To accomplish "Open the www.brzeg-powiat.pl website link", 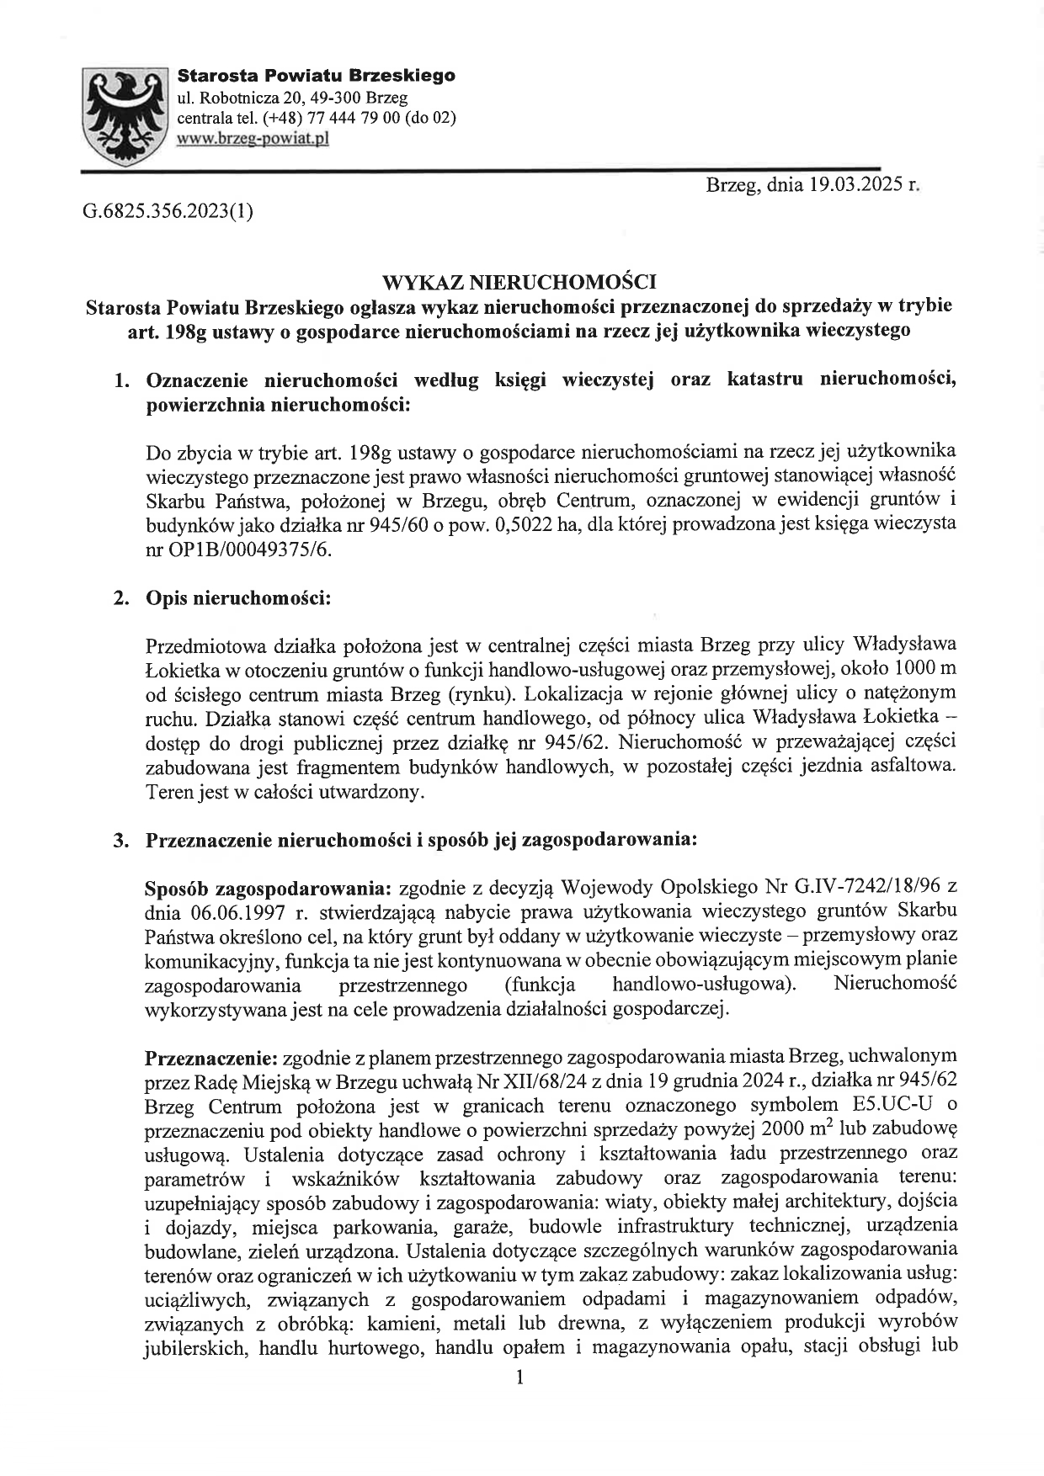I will coord(253,138).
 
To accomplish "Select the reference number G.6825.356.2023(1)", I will coord(168,210).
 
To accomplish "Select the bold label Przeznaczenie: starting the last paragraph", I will coord(211,1057).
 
